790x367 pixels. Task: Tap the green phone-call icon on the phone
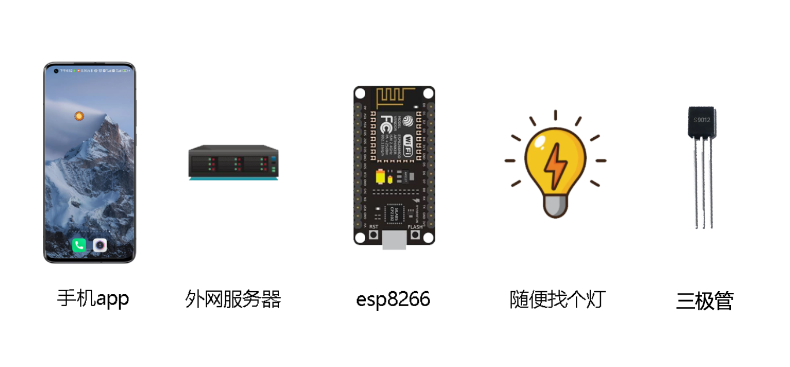(79, 245)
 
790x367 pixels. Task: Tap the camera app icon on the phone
(100, 245)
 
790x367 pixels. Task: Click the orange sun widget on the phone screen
(79, 116)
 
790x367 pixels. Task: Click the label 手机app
(93, 298)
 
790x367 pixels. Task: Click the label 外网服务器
(233, 299)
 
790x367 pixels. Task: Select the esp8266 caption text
(393, 299)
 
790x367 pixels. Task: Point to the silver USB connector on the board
(394, 239)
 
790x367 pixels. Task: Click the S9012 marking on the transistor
(701, 120)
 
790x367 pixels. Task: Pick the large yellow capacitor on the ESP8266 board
(380, 176)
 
